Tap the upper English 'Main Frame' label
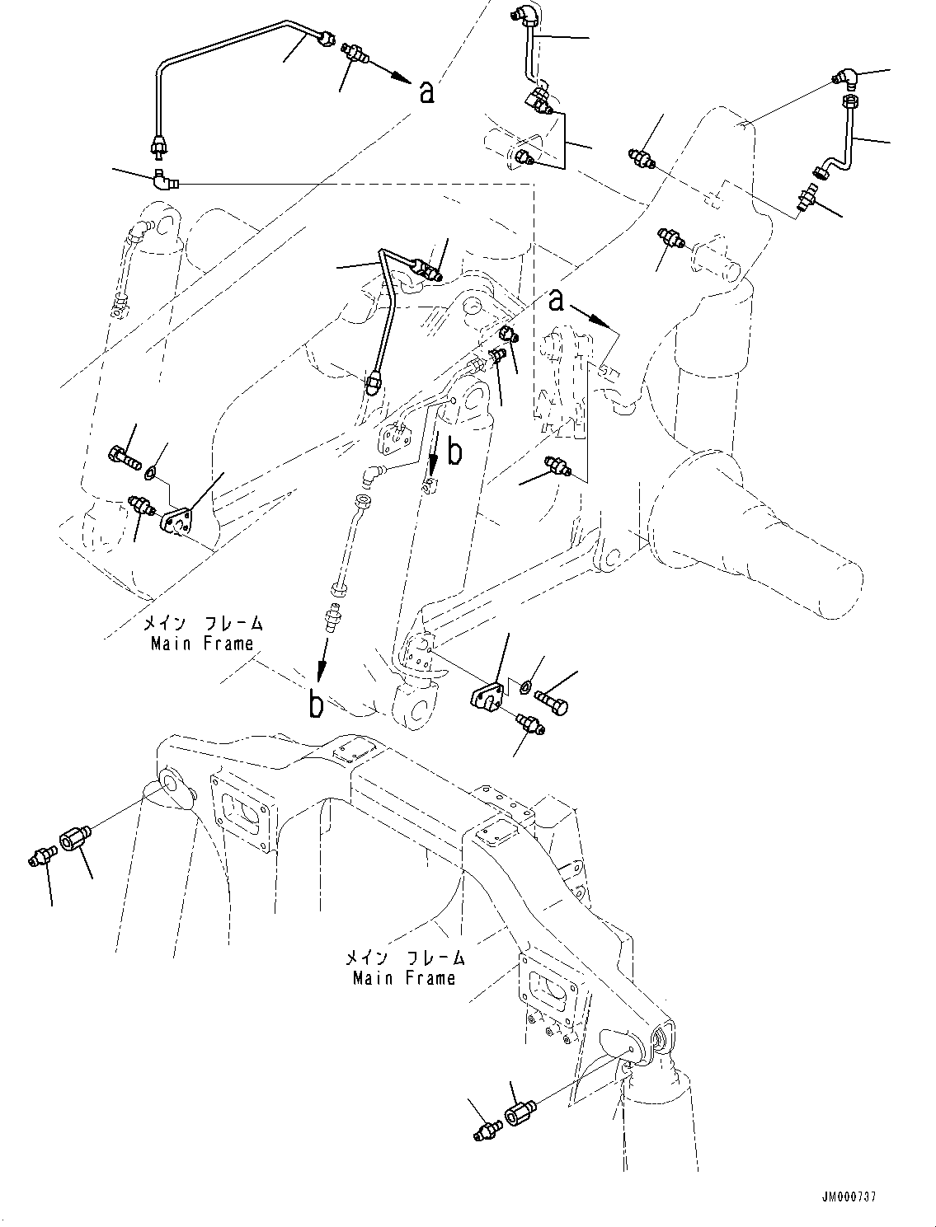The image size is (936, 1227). point(202,644)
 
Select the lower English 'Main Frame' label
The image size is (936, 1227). point(404,979)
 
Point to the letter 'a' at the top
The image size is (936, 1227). point(426,92)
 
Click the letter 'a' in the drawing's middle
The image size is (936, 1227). point(557,302)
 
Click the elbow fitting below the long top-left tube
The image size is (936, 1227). point(165,178)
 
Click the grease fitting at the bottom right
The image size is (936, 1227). point(487,1131)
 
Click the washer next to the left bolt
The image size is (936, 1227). point(149,473)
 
